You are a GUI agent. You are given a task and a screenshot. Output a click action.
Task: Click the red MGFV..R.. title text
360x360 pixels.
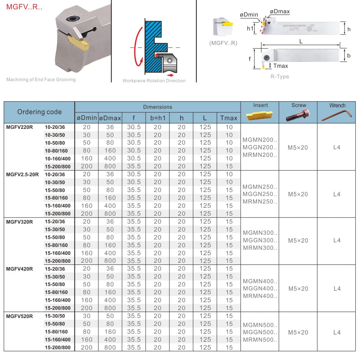[x=24, y=7]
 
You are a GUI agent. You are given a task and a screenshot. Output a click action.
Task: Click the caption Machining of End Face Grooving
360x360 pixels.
[x=41, y=80]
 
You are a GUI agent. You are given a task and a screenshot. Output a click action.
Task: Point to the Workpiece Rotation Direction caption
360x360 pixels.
[x=154, y=81]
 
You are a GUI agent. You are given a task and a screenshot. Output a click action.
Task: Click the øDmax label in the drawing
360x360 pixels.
[x=280, y=11]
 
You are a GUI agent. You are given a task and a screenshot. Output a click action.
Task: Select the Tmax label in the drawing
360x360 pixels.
[x=281, y=66]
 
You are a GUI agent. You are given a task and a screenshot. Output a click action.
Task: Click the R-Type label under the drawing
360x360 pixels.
[x=280, y=76]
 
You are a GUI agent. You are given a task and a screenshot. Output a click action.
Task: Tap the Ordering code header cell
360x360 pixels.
[x=39, y=112]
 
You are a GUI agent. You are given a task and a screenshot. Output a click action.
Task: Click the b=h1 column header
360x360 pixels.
[x=158, y=118]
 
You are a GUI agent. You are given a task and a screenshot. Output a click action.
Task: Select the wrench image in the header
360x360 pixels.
[x=337, y=115]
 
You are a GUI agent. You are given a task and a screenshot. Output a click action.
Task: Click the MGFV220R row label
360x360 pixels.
[x=19, y=127]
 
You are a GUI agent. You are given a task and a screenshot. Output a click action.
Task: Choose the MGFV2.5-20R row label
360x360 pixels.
[x=22, y=174]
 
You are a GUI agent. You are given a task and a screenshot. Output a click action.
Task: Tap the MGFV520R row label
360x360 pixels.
[x=19, y=316]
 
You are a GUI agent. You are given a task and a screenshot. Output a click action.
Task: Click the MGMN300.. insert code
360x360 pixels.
[x=260, y=233]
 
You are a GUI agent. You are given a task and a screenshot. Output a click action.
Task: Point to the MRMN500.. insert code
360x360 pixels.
[x=260, y=340]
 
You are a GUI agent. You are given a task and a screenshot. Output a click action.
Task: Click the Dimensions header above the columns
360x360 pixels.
[x=158, y=107]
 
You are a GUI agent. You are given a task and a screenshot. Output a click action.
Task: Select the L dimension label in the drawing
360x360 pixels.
[x=301, y=41]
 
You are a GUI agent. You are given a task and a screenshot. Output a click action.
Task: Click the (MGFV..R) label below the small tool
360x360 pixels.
[x=223, y=43]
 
